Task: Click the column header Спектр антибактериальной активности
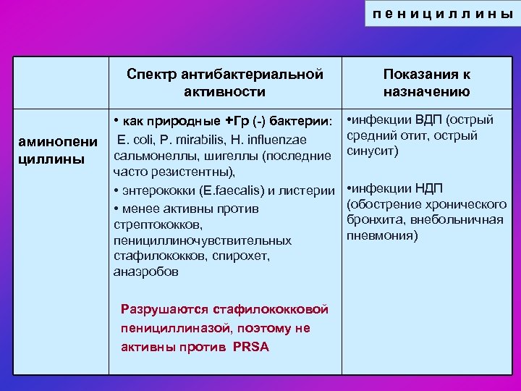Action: (224, 83)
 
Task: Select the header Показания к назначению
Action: (426, 83)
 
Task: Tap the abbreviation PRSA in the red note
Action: (250, 347)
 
